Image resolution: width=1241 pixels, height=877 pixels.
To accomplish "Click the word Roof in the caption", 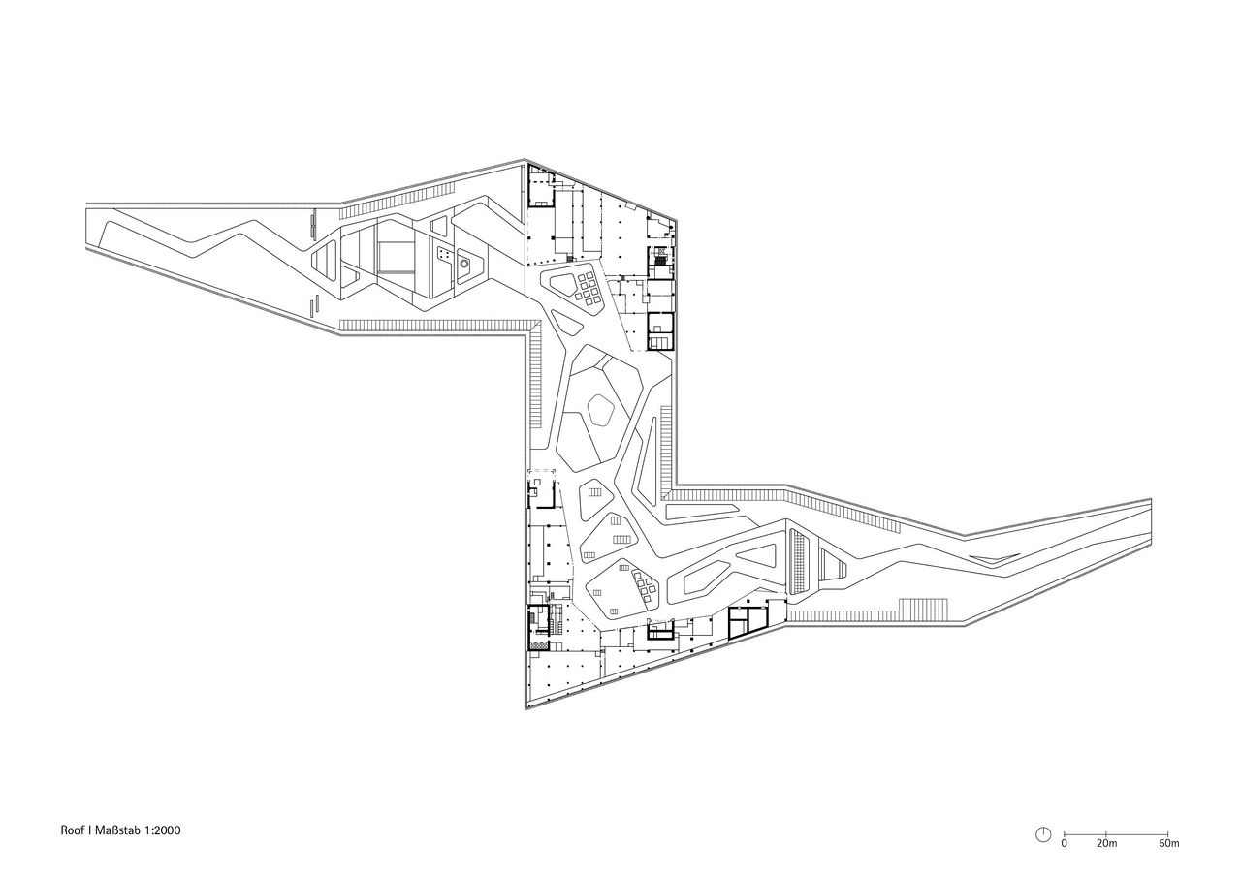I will point(72,830).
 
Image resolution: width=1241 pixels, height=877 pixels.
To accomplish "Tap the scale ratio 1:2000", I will point(163,830).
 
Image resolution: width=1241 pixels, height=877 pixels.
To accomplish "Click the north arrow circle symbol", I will point(1044,834).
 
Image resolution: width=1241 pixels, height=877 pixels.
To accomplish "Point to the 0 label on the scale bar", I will point(1064,845).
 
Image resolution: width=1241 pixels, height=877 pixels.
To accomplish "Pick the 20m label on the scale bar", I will point(1107,845).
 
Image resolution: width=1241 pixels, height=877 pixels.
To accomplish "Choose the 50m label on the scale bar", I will point(1169,845).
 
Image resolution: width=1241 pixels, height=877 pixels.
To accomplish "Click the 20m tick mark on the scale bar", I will point(1106,834).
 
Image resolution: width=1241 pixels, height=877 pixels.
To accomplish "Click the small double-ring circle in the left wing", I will point(463,262).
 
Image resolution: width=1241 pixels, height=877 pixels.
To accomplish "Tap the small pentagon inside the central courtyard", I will point(601,411).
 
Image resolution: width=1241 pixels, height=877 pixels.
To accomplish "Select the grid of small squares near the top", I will point(590,288).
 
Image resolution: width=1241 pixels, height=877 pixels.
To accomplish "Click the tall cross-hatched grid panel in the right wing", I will point(800,562).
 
